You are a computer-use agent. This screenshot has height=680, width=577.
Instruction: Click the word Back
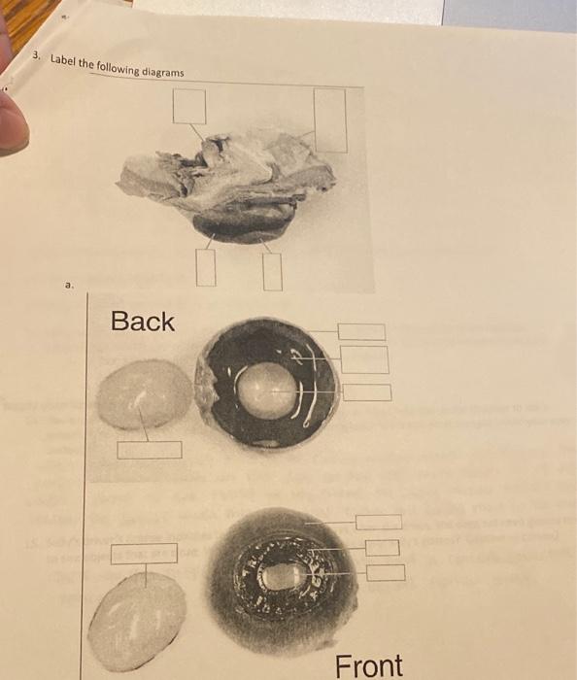pyautogui.click(x=143, y=322)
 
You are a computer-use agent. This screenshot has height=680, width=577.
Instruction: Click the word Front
pyautogui.click(x=369, y=666)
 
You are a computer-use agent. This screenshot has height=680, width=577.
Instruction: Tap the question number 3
pyautogui.click(x=36, y=57)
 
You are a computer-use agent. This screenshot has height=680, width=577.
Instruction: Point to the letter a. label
pyautogui.click(x=68, y=286)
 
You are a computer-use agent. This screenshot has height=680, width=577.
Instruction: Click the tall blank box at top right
pyautogui.click(x=330, y=119)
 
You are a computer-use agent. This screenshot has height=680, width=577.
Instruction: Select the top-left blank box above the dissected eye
pyautogui.click(x=189, y=106)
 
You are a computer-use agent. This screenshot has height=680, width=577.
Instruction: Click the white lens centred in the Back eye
pyautogui.click(x=261, y=387)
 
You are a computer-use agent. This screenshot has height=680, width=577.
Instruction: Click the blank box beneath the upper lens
pyautogui.click(x=150, y=450)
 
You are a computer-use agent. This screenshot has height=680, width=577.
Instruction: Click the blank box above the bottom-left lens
pyautogui.click(x=144, y=554)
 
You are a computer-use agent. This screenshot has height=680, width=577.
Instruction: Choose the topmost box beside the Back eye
pyautogui.click(x=361, y=332)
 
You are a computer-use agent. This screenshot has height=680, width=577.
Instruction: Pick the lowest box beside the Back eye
pyautogui.click(x=367, y=392)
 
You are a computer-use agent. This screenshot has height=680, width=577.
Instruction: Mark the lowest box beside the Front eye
pyautogui.click(x=386, y=572)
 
